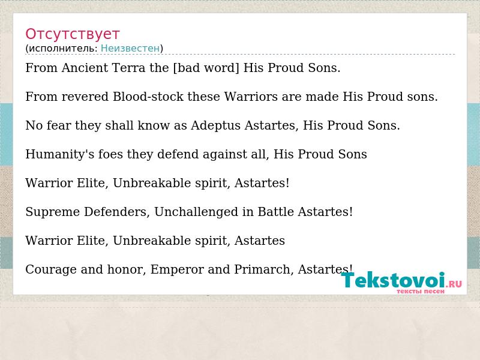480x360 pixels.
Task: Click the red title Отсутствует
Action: pyautogui.click(x=72, y=34)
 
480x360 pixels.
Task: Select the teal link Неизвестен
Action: pyautogui.click(x=130, y=48)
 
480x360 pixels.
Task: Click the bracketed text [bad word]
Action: pyautogui.click(x=206, y=68)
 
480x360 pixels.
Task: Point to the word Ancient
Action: pyautogui.click(x=85, y=68)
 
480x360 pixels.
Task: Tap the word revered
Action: pyautogui.click(x=85, y=97)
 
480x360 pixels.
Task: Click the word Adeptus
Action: pyautogui.click(x=215, y=126)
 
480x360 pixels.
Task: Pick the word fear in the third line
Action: pyautogui.click(x=58, y=125)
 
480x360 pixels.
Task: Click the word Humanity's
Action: pyautogui.click(x=60, y=155)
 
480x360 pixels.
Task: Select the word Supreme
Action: pyautogui.click(x=53, y=212)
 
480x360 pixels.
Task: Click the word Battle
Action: pyautogui.click(x=276, y=212)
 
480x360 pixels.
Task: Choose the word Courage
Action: pyautogui.click(x=51, y=269)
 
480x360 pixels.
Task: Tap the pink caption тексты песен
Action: pyautogui.click(x=421, y=292)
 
